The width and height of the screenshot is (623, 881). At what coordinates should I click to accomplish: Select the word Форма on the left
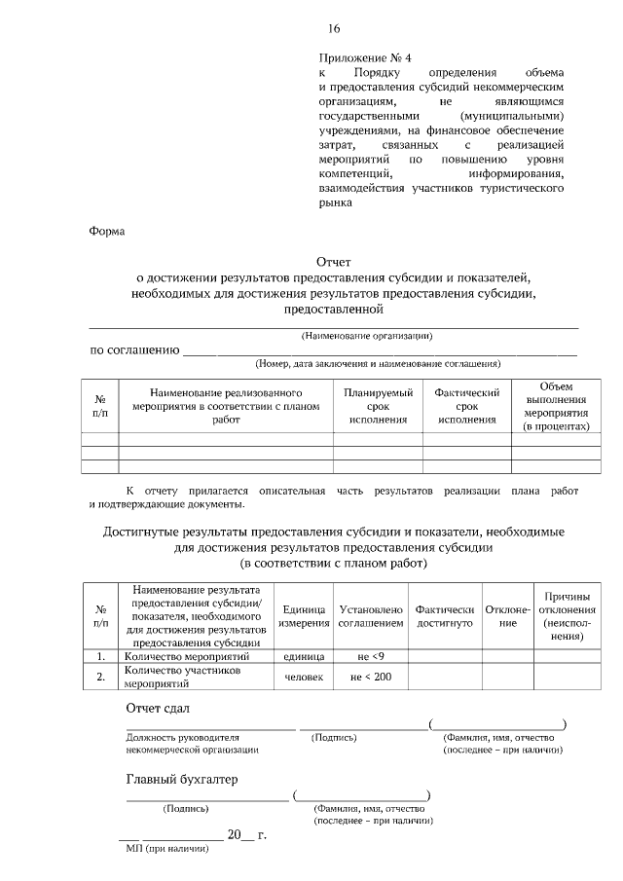106,232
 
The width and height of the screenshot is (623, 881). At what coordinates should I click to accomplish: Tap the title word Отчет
333,262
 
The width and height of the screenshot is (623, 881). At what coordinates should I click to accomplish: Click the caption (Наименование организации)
367,336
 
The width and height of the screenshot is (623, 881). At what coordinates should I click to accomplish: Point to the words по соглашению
133,349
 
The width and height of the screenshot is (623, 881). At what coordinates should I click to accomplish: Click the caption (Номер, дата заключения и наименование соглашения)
378,364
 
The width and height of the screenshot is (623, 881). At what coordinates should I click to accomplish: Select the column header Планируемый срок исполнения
378,406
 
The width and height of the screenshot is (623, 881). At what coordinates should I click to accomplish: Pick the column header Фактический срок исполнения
466,406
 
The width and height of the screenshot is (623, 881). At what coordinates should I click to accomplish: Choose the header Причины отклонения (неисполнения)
562,615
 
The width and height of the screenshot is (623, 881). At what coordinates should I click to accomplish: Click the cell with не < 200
370,677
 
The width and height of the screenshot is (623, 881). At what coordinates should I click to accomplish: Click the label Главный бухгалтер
182,780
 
